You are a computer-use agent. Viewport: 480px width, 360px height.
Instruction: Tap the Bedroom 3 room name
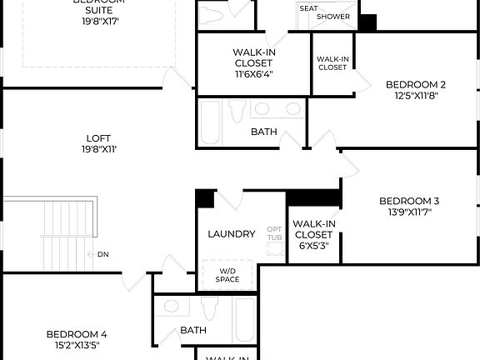click(x=408, y=201)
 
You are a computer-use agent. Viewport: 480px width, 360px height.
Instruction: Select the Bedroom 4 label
click(x=76, y=334)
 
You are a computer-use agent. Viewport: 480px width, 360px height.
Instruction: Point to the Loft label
click(x=98, y=138)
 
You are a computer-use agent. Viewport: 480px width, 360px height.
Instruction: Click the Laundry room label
click(x=231, y=234)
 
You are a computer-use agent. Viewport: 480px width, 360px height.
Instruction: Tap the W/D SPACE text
click(x=227, y=275)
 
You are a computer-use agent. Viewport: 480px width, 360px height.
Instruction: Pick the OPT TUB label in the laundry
click(x=274, y=233)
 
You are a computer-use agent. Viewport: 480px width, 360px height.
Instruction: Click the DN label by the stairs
click(x=102, y=254)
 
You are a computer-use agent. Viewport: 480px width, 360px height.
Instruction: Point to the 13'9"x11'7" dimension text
click(x=408, y=212)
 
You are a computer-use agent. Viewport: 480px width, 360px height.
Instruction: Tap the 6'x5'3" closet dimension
click(x=314, y=246)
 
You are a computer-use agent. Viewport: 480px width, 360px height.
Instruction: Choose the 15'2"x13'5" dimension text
click(x=76, y=345)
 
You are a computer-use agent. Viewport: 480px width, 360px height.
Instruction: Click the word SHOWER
click(x=332, y=17)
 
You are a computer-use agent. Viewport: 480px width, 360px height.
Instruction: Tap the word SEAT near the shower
click(x=308, y=8)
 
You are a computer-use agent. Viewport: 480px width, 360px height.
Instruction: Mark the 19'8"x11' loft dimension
click(x=98, y=150)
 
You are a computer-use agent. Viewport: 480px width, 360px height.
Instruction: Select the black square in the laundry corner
click(x=204, y=199)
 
